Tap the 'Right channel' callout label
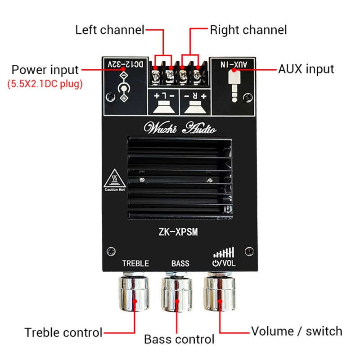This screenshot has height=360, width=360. click(248, 30)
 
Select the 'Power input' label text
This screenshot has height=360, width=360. click(45, 70)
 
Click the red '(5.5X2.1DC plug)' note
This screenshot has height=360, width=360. click(45, 84)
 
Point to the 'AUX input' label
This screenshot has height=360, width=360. click(306, 69)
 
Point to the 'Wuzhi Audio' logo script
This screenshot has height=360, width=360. click(180, 129)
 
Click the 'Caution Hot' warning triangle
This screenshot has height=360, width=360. click(114, 180)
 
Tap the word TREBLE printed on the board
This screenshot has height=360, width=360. click(135, 263)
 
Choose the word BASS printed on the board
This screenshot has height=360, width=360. click(180, 263)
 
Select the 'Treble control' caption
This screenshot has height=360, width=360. click(63, 333)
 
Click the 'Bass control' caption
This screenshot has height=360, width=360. click(179, 339)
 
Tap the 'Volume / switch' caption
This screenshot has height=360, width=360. click(297, 332)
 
